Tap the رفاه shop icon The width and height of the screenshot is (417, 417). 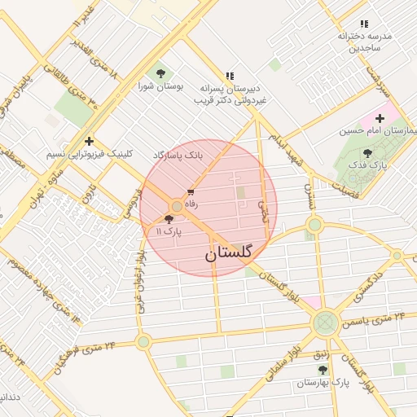(191, 193)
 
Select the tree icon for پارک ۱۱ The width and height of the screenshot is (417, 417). (169, 219)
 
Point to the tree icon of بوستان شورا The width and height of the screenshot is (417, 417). (158, 72)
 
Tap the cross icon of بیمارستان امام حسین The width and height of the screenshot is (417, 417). (380, 118)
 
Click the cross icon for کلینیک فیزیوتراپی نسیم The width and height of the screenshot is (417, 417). (89, 141)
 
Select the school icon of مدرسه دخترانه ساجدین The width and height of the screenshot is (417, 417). (363, 24)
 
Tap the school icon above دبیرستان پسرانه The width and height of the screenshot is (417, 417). (230, 74)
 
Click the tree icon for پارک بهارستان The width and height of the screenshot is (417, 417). (323, 370)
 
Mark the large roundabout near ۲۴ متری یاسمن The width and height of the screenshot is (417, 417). (325, 323)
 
